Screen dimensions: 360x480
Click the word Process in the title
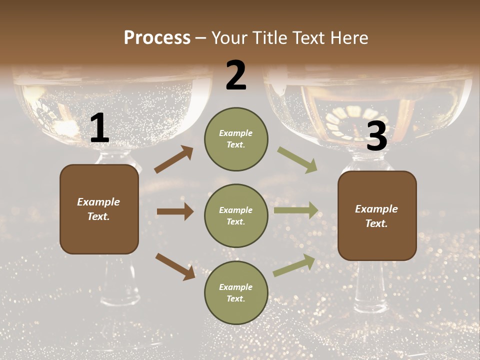tap(157, 38)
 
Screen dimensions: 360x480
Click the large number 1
tap(100, 128)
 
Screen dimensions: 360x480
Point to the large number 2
tap(236, 75)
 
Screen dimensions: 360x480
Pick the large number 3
tap(376, 135)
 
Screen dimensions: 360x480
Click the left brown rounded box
tap(99, 209)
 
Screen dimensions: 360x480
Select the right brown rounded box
tap(377, 216)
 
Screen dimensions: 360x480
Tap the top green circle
tap(236, 139)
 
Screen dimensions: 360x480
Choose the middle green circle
tap(236, 215)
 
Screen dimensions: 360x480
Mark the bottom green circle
tap(236, 292)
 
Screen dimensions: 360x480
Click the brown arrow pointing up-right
tap(173, 160)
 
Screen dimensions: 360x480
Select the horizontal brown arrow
tap(175, 211)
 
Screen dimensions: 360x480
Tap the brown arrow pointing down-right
tap(175, 266)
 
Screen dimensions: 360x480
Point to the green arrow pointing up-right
tap(294, 265)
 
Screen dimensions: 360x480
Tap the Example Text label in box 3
tap(376, 216)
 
